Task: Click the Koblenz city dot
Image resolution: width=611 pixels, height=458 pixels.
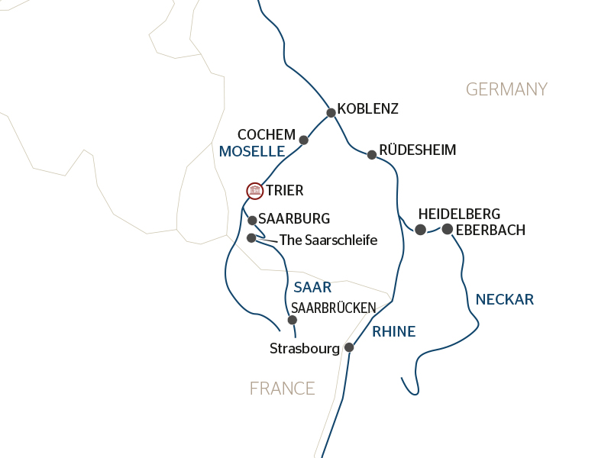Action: tap(331, 113)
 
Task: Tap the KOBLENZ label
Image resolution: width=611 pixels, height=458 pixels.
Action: tap(367, 109)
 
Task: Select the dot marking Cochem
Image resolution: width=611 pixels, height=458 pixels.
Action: tap(303, 140)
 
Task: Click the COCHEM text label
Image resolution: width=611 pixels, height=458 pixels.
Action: tap(266, 134)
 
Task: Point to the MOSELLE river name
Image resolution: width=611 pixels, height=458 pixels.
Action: tap(251, 152)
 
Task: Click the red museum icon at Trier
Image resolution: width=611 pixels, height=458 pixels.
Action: tap(254, 190)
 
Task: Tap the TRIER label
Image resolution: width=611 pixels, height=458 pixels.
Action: tap(285, 191)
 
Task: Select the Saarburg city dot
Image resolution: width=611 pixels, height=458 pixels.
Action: tap(252, 220)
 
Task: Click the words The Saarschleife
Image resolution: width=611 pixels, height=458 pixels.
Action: tap(328, 240)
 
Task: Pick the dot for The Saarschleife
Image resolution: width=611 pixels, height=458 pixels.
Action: tap(251, 238)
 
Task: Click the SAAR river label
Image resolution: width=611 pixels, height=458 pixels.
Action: tap(312, 288)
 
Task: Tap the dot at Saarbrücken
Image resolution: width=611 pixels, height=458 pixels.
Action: tap(292, 320)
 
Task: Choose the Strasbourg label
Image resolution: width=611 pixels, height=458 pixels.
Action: tap(304, 349)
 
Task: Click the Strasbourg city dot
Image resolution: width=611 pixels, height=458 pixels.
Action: tap(349, 347)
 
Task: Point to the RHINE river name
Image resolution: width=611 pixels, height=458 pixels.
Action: tap(393, 331)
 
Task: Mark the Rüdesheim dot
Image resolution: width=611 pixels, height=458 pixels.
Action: tap(372, 155)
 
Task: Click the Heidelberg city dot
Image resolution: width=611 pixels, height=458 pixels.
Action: tap(420, 230)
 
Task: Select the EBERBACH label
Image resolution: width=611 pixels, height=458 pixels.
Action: tap(490, 229)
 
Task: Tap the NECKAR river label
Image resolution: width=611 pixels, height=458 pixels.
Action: tap(504, 299)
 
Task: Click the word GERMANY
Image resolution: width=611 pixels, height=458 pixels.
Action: tap(506, 89)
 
